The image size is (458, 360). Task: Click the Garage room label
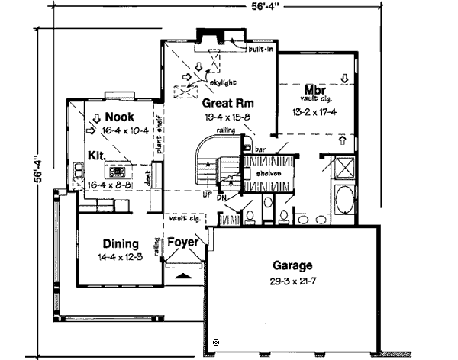pos(293,266)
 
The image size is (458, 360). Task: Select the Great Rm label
pos(228,103)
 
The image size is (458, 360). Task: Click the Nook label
pos(119,117)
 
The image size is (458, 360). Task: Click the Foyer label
pos(183,243)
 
